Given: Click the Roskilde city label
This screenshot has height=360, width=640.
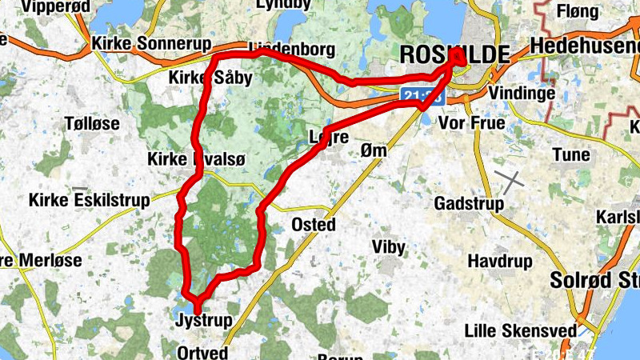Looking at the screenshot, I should (x=454, y=54).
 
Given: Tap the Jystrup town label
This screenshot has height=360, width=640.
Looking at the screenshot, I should (x=203, y=321).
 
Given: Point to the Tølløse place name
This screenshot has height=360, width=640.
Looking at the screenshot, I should (x=92, y=123).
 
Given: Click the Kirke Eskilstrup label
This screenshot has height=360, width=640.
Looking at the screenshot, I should (x=89, y=200).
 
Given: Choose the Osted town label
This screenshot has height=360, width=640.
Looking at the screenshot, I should (x=314, y=224).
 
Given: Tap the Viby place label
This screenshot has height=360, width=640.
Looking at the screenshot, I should (x=389, y=247).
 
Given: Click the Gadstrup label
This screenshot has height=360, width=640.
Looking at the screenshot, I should (x=469, y=204).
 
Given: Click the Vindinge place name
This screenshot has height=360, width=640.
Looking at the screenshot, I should (x=522, y=94).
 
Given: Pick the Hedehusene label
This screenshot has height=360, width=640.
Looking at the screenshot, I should (x=585, y=46).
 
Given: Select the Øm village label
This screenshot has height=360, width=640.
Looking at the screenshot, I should (x=374, y=150).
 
